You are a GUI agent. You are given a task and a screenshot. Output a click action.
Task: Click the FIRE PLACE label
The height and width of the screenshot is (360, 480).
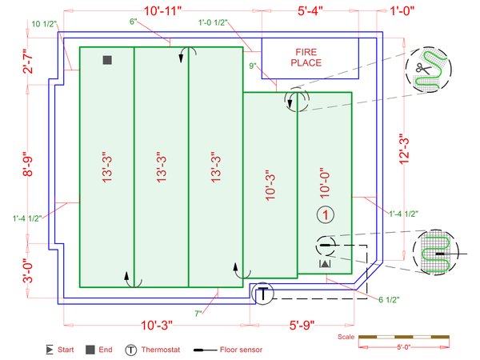306,58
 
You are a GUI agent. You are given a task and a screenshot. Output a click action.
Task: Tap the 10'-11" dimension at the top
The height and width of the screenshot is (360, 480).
162,11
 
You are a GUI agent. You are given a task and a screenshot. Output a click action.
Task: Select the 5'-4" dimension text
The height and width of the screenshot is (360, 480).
310,11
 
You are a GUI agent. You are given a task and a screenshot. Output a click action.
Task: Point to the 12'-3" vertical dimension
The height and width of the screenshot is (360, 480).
404,149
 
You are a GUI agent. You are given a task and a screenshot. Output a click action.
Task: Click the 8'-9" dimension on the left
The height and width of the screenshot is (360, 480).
28,164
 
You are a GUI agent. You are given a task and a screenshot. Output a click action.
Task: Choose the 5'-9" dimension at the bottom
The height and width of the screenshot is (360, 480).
302,325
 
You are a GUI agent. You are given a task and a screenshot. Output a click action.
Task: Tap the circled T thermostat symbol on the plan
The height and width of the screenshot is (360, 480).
262,294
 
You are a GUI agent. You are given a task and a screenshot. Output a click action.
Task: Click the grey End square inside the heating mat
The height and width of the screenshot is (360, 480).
107,60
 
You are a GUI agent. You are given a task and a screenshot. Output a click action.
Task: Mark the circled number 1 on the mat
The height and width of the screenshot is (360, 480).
326,214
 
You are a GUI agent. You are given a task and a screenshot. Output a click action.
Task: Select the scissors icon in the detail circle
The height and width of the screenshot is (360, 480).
423,69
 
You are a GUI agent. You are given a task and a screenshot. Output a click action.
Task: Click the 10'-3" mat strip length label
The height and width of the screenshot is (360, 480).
270,185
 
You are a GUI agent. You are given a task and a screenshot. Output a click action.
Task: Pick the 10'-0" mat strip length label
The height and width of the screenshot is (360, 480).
325,182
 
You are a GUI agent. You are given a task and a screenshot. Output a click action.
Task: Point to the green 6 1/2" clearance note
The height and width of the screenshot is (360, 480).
389,300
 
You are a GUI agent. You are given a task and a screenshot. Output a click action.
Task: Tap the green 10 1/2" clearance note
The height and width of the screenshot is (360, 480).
44,24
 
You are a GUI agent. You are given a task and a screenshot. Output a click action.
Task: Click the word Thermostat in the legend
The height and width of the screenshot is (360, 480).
161,350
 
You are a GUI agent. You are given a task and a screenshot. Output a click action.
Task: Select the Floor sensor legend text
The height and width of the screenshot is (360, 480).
241,350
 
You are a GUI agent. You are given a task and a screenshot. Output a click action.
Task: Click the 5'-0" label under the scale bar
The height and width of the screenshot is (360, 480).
403,347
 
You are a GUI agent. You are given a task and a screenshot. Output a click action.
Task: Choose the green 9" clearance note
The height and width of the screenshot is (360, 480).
253,66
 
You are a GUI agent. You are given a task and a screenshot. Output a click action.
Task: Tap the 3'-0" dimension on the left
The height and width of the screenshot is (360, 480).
28,270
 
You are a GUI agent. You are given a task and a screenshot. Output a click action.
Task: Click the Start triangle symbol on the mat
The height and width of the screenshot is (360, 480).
325,263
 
